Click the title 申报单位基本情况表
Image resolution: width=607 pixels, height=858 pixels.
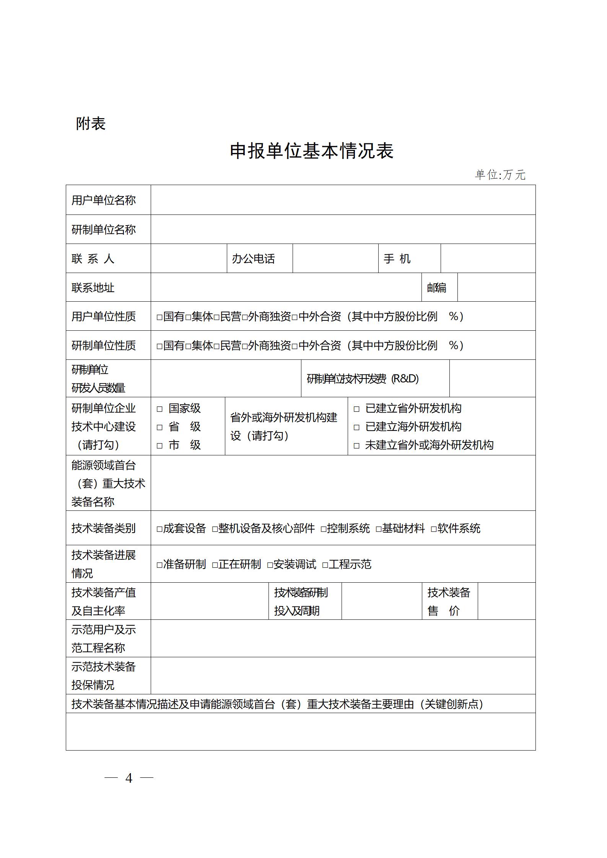311,151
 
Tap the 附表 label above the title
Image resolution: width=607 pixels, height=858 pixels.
90,123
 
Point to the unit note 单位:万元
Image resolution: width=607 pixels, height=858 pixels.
500,175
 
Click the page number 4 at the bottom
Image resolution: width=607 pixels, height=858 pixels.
129,778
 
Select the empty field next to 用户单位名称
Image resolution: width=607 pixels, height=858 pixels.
343,200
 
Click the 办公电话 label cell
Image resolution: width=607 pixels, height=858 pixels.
254,259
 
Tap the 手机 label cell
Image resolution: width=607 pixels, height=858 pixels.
397,259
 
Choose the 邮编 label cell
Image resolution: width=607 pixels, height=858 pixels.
437,288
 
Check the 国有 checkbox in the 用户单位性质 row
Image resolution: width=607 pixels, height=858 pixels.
160,317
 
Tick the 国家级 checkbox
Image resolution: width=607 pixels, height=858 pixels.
160,409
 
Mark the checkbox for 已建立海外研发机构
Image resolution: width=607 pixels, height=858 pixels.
356,427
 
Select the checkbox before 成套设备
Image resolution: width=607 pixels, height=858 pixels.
160,529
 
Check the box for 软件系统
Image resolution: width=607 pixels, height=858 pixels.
434,529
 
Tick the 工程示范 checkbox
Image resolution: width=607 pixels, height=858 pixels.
325,565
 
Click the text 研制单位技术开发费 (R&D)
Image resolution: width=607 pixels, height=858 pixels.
363,379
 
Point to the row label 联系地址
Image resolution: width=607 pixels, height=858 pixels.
93,288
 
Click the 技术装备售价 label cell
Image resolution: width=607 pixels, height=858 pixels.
449,601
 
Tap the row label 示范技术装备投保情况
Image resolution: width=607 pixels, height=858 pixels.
104,676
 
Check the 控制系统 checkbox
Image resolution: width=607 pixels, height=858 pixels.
324,529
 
